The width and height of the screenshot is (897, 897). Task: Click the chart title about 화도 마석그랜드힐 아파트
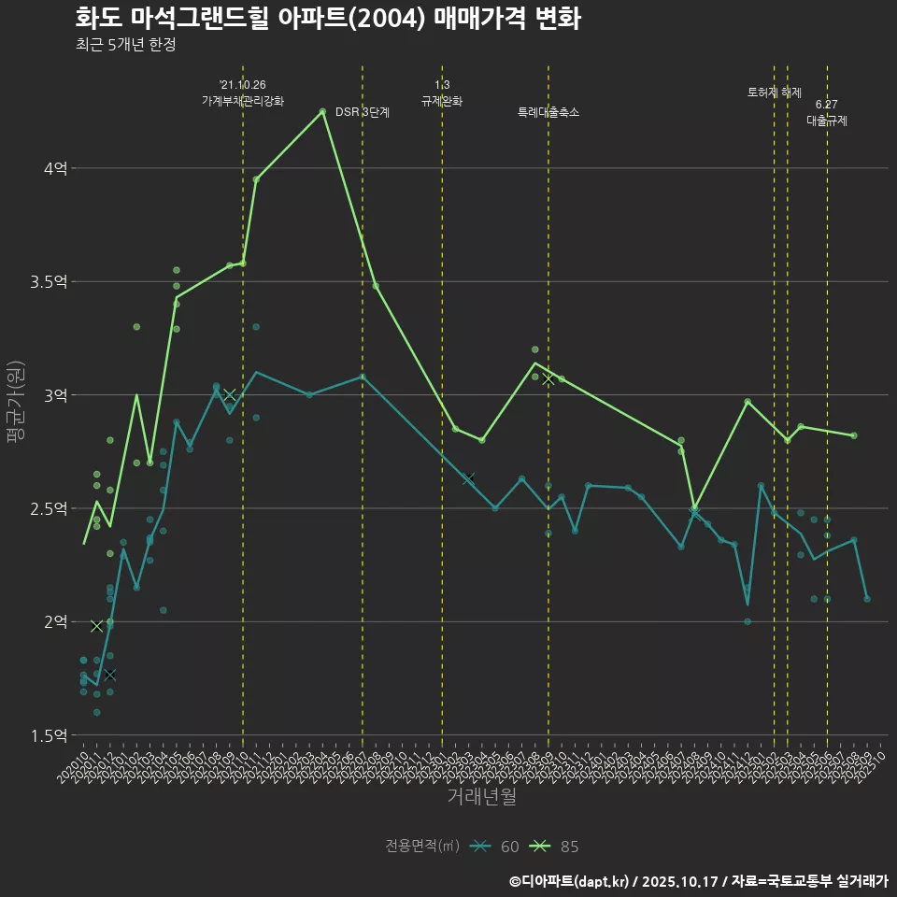(328, 19)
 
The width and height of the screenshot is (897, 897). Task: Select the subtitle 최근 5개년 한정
(125, 45)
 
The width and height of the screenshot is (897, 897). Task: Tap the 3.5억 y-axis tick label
(49, 282)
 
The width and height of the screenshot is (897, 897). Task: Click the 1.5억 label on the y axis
(49, 735)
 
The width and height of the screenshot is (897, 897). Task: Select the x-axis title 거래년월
(481, 796)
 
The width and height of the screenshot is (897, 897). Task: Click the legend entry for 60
(495, 847)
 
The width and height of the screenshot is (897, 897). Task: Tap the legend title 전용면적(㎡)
(422, 847)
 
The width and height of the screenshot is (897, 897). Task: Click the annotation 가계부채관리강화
(243, 101)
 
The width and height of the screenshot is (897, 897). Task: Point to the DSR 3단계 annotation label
(362, 112)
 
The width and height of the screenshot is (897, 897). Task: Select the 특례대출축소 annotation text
(548, 112)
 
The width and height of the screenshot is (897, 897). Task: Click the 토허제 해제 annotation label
(775, 93)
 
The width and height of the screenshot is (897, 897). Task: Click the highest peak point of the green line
(322, 111)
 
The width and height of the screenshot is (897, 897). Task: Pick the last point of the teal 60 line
(867, 598)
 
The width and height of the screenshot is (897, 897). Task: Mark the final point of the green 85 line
(854, 435)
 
